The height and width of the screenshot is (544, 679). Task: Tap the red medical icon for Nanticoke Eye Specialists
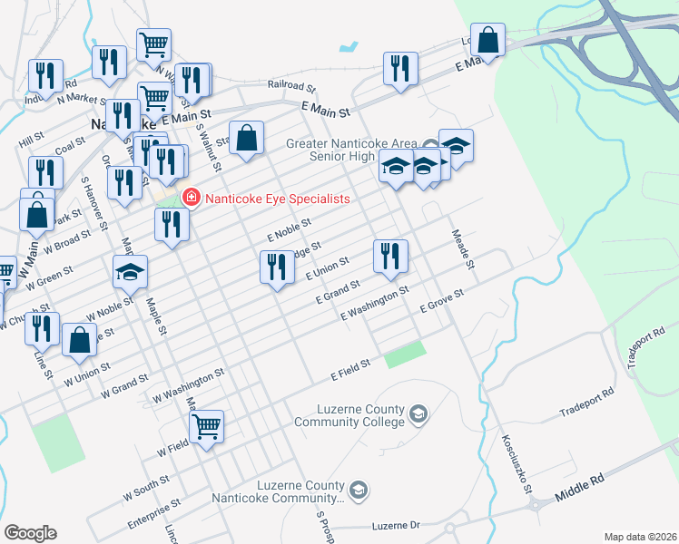191,198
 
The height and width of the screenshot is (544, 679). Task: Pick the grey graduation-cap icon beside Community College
418,415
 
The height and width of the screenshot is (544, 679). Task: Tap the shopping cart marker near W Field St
207,423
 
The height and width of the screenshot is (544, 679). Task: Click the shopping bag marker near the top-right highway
487,40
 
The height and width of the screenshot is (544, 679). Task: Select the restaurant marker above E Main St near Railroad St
399,67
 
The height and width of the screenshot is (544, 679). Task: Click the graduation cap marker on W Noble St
130,270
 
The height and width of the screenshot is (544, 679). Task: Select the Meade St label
464,248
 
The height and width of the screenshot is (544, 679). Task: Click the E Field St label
350,369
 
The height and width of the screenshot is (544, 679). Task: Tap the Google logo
30,533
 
